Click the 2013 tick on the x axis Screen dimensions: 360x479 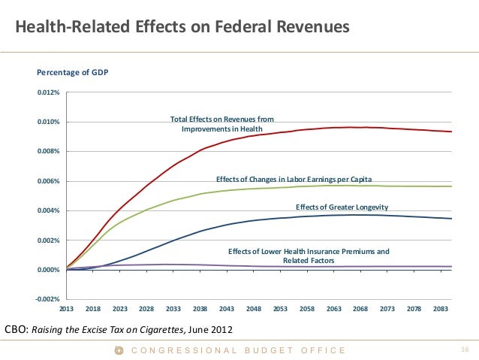67,309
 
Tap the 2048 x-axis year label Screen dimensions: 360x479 254,309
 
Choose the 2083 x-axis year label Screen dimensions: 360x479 441,309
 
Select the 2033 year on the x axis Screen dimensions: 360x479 173,309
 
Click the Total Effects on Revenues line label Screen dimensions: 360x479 221,124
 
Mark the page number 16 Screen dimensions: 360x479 463,349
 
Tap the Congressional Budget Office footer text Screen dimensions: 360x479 239,350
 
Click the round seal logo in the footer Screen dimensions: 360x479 118,350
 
